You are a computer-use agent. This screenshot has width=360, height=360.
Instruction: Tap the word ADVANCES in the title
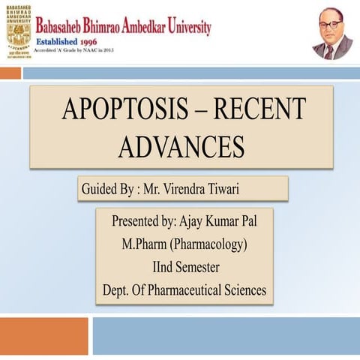click(x=181, y=146)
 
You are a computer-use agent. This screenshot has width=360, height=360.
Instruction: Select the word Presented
click(x=135, y=222)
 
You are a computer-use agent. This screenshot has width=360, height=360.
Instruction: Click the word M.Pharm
click(x=146, y=244)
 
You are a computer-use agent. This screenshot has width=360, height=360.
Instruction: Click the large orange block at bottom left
click(x=44, y=336)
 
